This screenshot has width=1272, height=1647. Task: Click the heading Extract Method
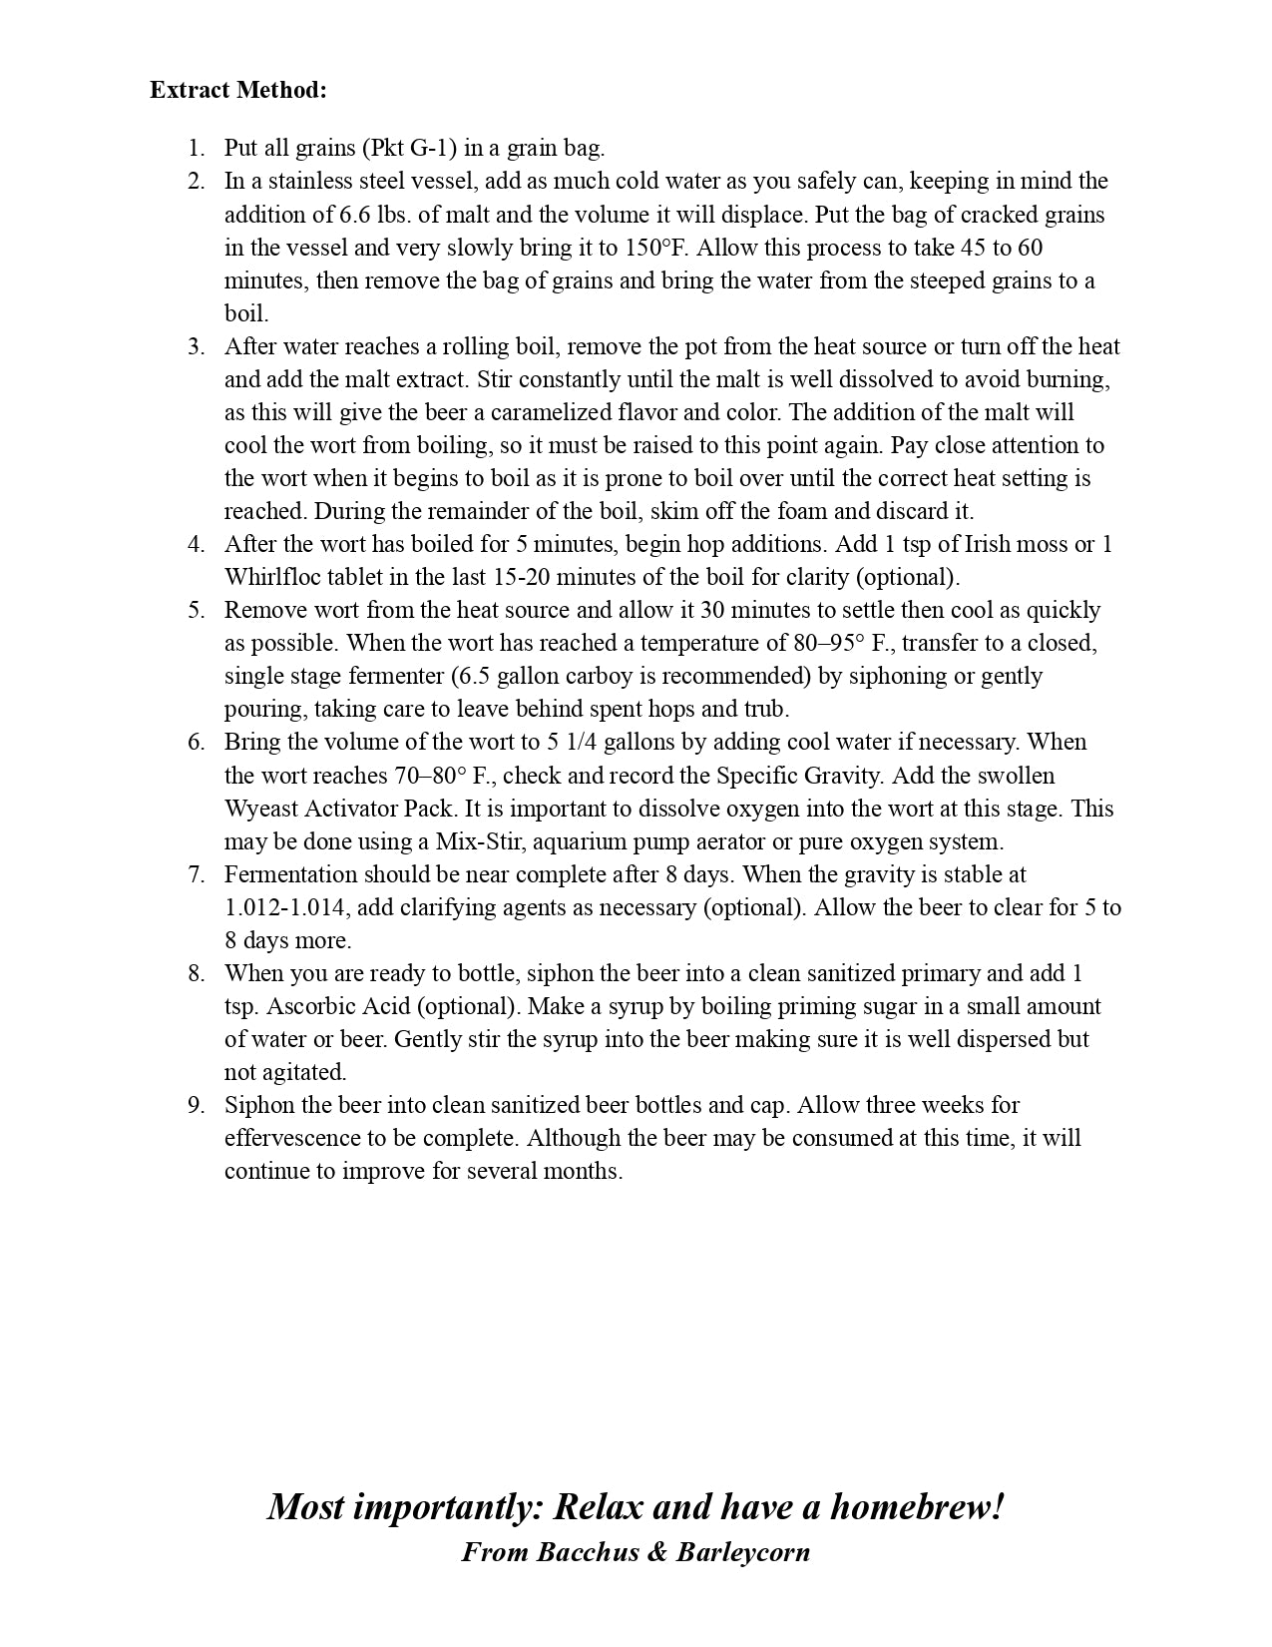pyautogui.click(x=237, y=90)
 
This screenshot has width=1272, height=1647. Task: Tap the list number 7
pyautogui.click(x=196, y=874)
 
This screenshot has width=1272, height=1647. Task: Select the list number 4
pyautogui.click(x=196, y=544)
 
